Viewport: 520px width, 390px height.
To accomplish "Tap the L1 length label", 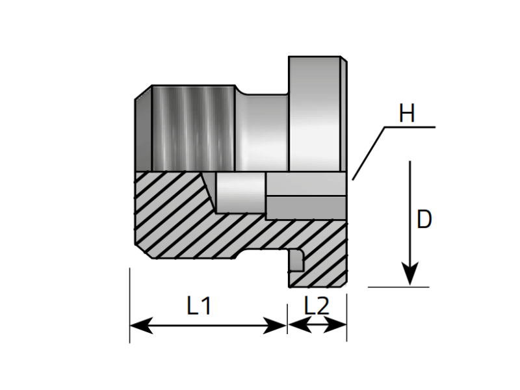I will pyautogui.click(x=199, y=305).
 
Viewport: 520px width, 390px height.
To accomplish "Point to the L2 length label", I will pyautogui.click(x=317, y=305).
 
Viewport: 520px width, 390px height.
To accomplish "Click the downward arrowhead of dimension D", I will pyautogui.click(x=409, y=273).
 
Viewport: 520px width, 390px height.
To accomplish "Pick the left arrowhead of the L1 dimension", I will pyautogui.click(x=140, y=326).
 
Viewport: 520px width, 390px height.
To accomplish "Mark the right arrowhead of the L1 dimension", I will pyautogui.click(x=276, y=326).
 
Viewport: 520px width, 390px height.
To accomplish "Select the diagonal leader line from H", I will pyautogui.click(x=369, y=153).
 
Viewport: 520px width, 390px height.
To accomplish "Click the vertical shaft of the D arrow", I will pyautogui.click(x=409, y=208).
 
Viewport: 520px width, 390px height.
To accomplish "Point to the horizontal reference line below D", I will pyautogui.click(x=398, y=287).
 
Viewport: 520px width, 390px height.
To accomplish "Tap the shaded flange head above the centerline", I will pyautogui.click(x=315, y=114).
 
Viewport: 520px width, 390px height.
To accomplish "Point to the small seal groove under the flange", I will pyautogui.click(x=296, y=260).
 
